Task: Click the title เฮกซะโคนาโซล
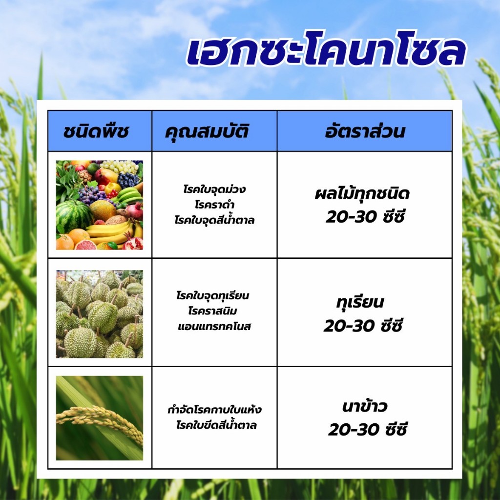point(326,53)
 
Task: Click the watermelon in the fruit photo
point(73,215)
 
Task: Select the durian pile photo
point(100,314)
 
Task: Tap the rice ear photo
point(100,418)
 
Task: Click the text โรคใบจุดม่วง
point(215,189)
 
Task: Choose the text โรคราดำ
point(215,205)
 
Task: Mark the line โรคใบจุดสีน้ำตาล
point(215,220)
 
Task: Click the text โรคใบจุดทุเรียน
point(215,296)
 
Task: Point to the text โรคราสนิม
point(215,311)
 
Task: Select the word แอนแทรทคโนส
point(215,326)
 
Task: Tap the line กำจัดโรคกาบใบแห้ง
point(215,410)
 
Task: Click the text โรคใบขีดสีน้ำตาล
point(216,425)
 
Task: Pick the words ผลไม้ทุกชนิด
point(362,194)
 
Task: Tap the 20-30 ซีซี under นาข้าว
point(367,430)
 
